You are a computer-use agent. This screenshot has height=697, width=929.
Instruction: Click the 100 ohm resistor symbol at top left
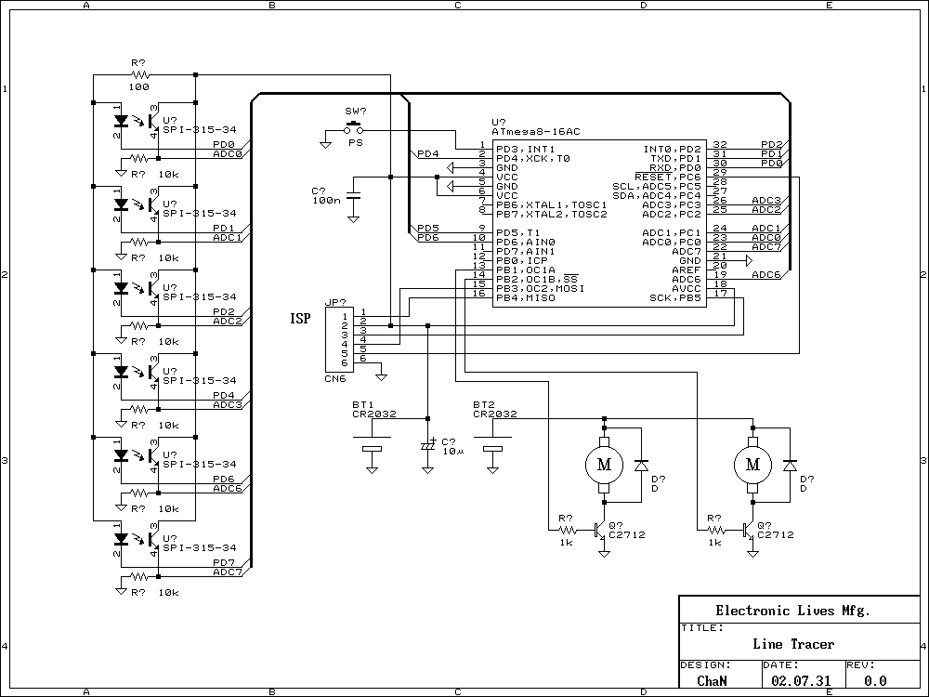tap(140, 74)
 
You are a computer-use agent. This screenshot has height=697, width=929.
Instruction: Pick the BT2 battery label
tap(483, 405)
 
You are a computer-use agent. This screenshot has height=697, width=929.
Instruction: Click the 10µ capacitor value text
tap(452, 452)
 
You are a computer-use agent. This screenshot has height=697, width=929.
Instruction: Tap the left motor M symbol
tap(604, 464)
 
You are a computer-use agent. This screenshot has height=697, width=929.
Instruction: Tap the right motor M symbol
tap(753, 464)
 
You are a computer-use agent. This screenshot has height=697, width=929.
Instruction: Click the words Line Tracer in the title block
tap(793, 644)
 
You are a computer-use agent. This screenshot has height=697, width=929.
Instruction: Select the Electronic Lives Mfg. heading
tap(792, 611)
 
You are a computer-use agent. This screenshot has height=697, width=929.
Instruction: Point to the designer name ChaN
tap(713, 680)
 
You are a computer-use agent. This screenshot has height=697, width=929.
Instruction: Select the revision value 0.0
tap(875, 680)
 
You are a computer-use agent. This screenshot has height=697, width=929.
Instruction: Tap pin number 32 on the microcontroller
tap(719, 145)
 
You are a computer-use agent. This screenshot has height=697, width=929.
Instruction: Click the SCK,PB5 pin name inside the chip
tap(674, 298)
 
